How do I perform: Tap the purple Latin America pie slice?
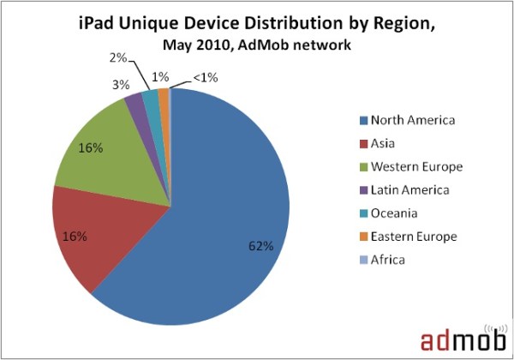(134, 105)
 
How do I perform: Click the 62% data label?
(260, 246)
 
